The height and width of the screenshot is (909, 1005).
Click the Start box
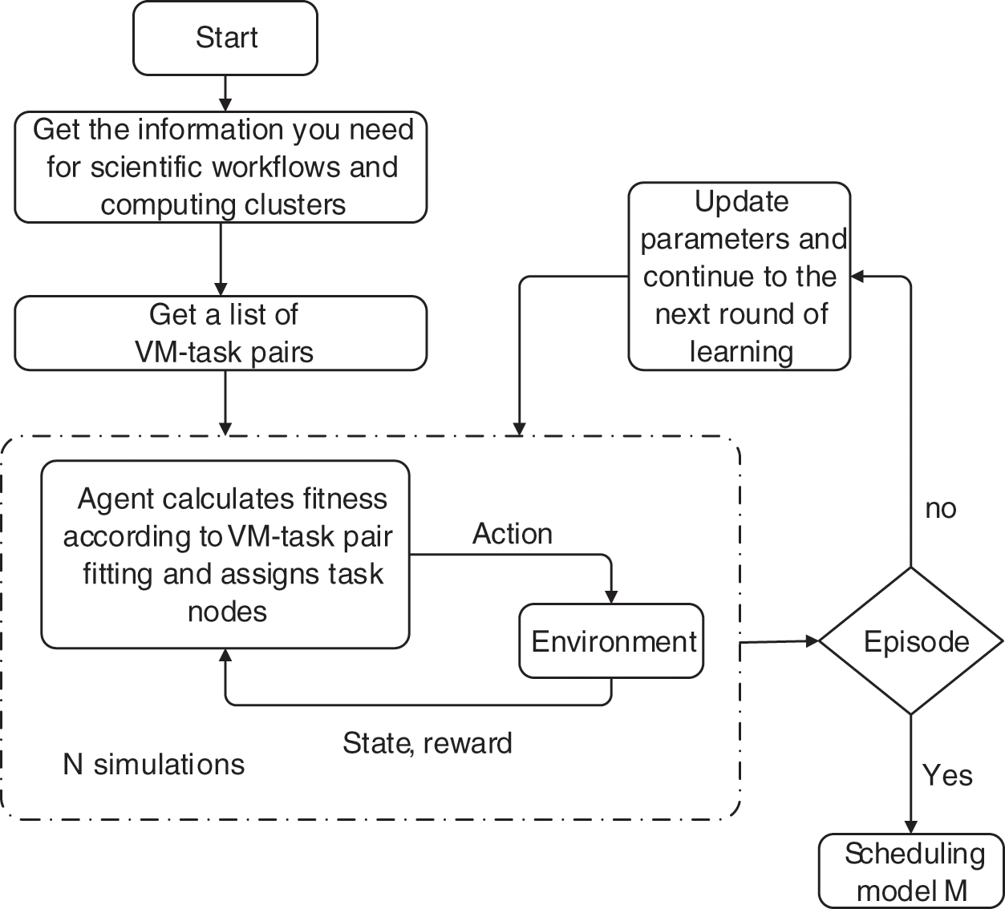(225, 38)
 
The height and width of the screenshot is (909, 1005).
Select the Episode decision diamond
(911, 641)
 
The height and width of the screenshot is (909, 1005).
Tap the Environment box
(612, 641)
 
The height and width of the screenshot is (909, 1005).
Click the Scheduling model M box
(912, 871)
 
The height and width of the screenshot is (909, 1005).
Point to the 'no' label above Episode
(940, 509)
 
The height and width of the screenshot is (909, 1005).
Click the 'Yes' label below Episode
(946, 775)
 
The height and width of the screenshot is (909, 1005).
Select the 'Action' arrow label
(512, 534)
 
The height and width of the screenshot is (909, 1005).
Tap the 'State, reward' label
(427, 743)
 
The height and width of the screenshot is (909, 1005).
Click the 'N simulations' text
(154, 764)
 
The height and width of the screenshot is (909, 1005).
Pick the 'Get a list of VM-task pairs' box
(221, 333)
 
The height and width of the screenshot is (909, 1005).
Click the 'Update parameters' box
(739, 277)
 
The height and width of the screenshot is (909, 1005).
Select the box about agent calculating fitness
(225, 554)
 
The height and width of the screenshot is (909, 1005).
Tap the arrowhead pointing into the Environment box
(612, 596)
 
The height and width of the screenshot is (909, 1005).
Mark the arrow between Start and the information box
(225, 93)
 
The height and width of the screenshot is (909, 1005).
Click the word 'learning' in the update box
(741, 351)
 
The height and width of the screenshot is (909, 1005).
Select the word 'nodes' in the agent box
(227, 612)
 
